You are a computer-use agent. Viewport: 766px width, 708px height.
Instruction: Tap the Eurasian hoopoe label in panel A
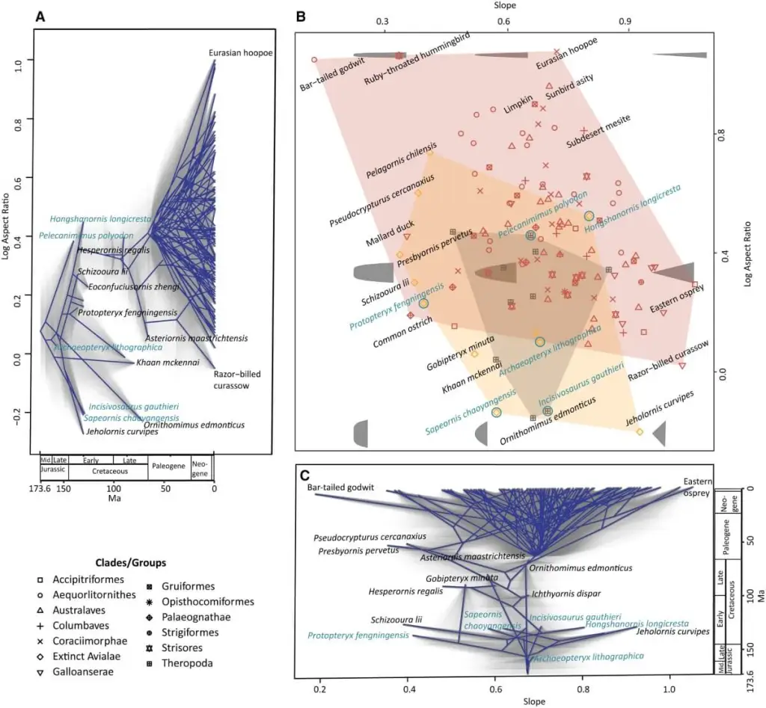(241, 52)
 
